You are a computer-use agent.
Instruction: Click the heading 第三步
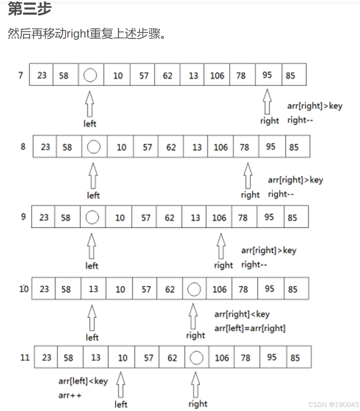tap(29, 9)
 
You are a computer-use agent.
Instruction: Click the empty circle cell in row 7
tap(90, 75)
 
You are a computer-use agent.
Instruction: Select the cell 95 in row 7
tap(267, 75)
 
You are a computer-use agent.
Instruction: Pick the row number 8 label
tap(23, 147)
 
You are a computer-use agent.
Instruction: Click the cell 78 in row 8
tap(244, 147)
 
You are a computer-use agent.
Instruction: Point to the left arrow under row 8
tap(93, 176)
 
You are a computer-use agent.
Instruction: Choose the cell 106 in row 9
tap(219, 218)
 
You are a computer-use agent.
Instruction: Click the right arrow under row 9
tap(221, 246)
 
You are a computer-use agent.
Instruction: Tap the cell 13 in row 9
tap(195, 218)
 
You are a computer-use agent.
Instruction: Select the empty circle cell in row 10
tap(194, 289)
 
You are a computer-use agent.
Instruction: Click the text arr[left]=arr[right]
tap(250, 328)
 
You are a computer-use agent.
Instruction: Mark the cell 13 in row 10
tap(93, 289)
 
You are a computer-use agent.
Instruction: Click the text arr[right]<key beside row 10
tap(242, 315)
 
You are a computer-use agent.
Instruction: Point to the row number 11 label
tap(25, 357)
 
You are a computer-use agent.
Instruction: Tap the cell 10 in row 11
tap(123, 358)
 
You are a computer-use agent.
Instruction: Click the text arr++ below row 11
tap(70, 395)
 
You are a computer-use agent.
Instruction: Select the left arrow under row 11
tap(120, 384)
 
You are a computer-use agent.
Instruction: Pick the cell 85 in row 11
tap(295, 358)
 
